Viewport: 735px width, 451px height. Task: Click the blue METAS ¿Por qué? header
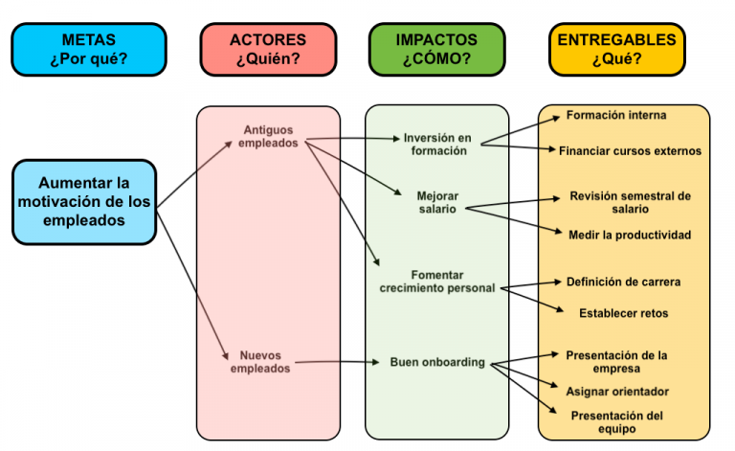pos(88,50)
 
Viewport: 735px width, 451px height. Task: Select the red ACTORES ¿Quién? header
pos(268,50)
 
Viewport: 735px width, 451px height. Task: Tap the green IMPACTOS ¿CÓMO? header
pos(436,50)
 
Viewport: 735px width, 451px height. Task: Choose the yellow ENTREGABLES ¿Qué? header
pos(616,50)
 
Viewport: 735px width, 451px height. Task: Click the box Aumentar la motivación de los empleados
pos(83,201)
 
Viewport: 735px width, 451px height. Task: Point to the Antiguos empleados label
pos(268,136)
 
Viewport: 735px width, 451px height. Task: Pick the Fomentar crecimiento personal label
pos(436,281)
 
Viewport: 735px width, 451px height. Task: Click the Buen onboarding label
pos(436,362)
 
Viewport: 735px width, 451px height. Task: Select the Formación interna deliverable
pos(616,115)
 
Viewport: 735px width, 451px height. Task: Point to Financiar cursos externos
pos(630,150)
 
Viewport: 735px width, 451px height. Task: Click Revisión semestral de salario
pos(630,202)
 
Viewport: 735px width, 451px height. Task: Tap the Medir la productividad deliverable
pos(630,235)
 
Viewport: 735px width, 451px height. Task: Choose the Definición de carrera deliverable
pos(623,282)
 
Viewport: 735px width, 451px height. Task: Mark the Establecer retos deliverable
pos(623,313)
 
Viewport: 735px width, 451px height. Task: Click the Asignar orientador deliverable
pos(617,391)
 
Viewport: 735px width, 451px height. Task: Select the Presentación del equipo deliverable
pos(616,422)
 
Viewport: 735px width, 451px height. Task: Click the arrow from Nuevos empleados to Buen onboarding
pos(335,363)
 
